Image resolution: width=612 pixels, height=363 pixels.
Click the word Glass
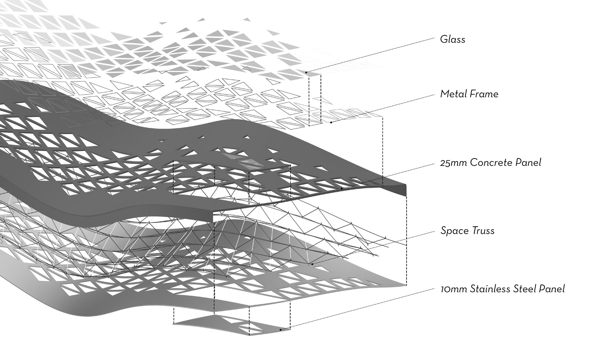point(452,40)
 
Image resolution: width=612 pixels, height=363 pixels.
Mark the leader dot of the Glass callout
point(306,72)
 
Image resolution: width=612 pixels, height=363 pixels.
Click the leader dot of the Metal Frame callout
point(331,122)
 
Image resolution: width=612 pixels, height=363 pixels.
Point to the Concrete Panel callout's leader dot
point(342,188)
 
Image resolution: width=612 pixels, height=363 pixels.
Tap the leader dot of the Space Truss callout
point(312,264)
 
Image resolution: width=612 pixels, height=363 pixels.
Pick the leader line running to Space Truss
point(373,247)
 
